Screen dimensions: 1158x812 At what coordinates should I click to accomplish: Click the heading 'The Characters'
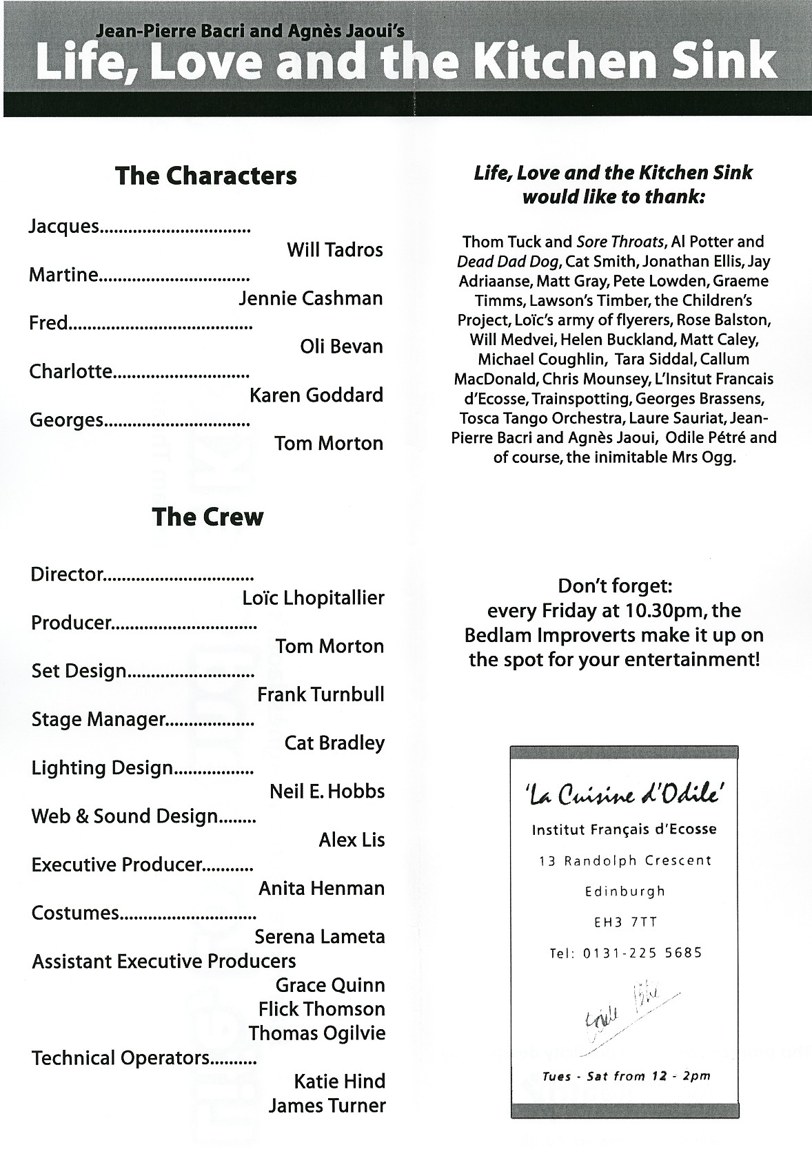pos(206,176)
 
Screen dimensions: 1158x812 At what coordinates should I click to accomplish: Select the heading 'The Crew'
pos(207,517)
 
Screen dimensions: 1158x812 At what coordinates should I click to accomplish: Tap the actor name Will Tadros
pos(334,249)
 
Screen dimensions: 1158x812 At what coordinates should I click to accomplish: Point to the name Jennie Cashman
pos(310,298)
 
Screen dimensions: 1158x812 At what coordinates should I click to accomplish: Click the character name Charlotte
pos(70,372)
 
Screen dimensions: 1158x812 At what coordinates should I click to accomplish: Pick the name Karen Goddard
pos(316,395)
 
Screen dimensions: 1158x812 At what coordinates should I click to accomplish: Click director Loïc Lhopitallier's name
pos(313,598)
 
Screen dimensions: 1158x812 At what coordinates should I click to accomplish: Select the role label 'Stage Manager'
pos(98,720)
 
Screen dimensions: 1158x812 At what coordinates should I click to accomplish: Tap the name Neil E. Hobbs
pos(327,792)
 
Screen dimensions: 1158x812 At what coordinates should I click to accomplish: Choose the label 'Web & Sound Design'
pos(125,816)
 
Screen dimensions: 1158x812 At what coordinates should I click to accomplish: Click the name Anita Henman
pos(321,889)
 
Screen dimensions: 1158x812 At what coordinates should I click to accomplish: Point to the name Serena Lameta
pos(319,937)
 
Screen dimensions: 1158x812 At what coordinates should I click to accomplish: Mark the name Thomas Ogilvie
pos(317,1033)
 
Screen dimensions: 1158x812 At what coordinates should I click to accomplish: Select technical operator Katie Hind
pos(339,1082)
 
